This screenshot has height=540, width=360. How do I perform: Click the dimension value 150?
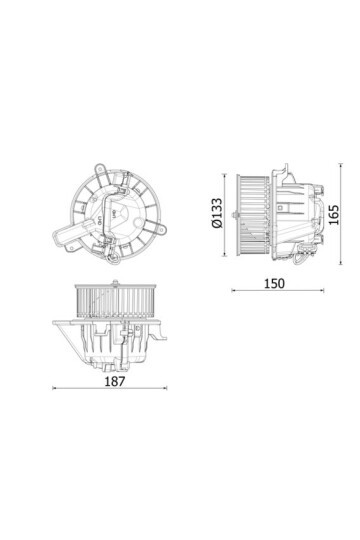pyautogui.click(x=274, y=283)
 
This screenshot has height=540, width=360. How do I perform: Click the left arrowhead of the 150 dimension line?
pyautogui.click(x=232, y=293)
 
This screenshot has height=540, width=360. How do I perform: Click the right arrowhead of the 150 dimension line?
pyautogui.click(x=328, y=293)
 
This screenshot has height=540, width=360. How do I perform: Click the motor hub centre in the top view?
pyautogui.click(x=115, y=211)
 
